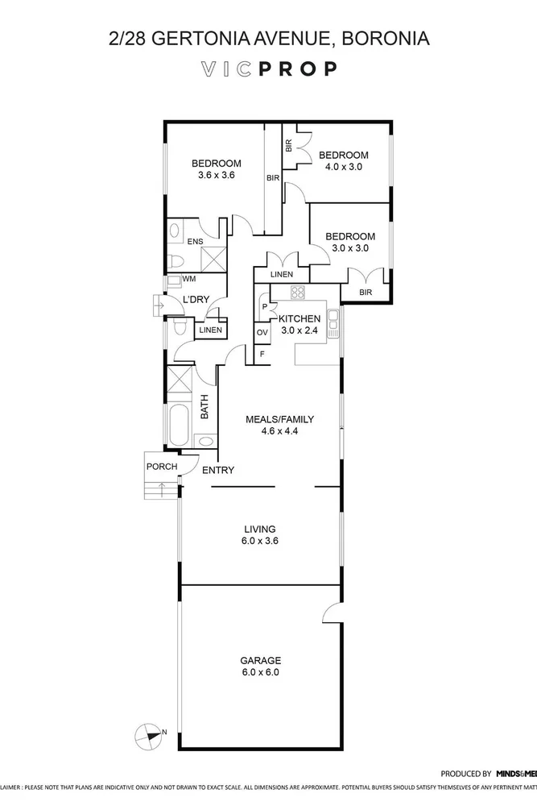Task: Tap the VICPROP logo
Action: click(x=268, y=69)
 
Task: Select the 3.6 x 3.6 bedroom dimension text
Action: click(x=215, y=175)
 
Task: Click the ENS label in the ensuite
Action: click(x=195, y=241)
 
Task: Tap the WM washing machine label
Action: click(x=189, y=279)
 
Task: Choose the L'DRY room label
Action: click(x=196, y=300)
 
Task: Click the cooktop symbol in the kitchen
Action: click(x=298, y=293)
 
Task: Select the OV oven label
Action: click(x=262, y=332)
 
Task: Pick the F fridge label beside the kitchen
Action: click(x=261, y=354)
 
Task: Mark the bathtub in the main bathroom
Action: click(x=178, y=424)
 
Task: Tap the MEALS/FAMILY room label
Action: click(x=279, y=419)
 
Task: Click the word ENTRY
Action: click(x=218, y=471)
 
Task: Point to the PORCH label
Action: click(x=161, y=467)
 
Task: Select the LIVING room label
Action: click(x=260, y=530)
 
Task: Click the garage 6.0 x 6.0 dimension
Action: click(x=260, y=671)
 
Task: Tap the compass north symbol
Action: click(x=149, y=733)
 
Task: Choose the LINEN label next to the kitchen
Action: click(x=281, y=275)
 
